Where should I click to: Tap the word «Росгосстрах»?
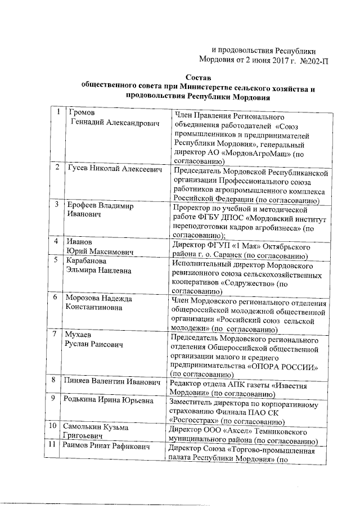pos(194,421)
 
